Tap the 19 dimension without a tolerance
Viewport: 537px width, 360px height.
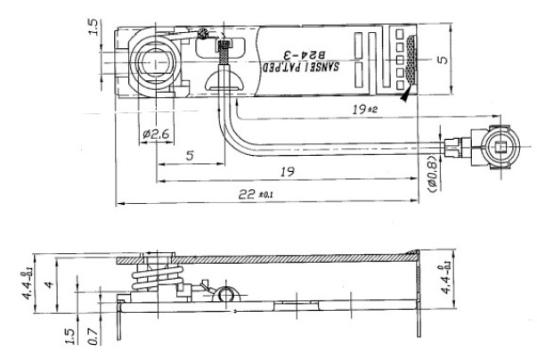tap(284, 174)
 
